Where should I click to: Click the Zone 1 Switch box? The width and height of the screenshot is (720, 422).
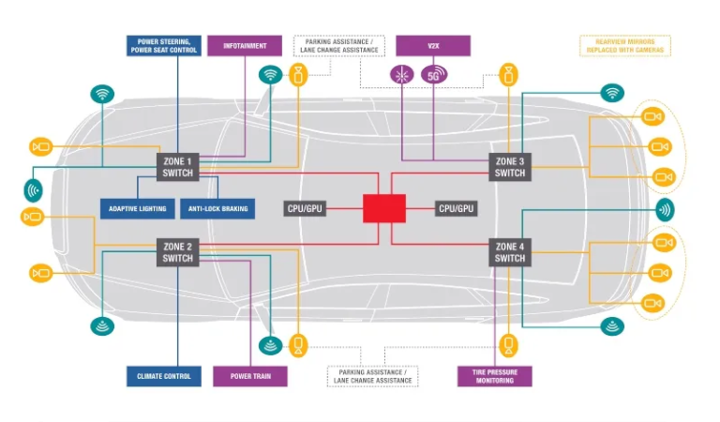pos(177,167)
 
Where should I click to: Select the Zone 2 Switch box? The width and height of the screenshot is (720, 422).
pos(177,251)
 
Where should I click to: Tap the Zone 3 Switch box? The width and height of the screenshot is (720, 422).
pos(510,167)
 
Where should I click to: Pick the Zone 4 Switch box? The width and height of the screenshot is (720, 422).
pos(510,251)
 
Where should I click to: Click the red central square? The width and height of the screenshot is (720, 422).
pos(384,208)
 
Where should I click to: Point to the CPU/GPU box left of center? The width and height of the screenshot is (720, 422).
pos(305,208)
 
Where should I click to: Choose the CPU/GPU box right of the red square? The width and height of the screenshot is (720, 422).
pos(457,208)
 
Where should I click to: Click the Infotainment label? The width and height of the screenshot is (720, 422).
pos(244,45)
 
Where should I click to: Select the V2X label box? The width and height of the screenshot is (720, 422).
pos(433,45)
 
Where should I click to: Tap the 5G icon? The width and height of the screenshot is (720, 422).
pos(434,74)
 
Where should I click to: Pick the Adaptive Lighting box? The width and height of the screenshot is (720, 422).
pos(137,208)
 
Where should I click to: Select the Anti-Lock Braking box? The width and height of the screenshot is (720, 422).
pos(217,208)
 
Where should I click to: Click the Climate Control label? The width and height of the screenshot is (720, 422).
pos(164,376)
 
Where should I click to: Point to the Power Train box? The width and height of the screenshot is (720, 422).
pos(250,376)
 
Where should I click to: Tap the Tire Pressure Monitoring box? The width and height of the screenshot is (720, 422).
pos(494,376)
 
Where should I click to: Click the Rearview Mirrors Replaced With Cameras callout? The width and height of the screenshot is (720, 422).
pos(624,45)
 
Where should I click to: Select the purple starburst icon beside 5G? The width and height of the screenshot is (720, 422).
pos(402,74)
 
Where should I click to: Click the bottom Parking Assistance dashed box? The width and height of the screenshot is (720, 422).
pos(372,376)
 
